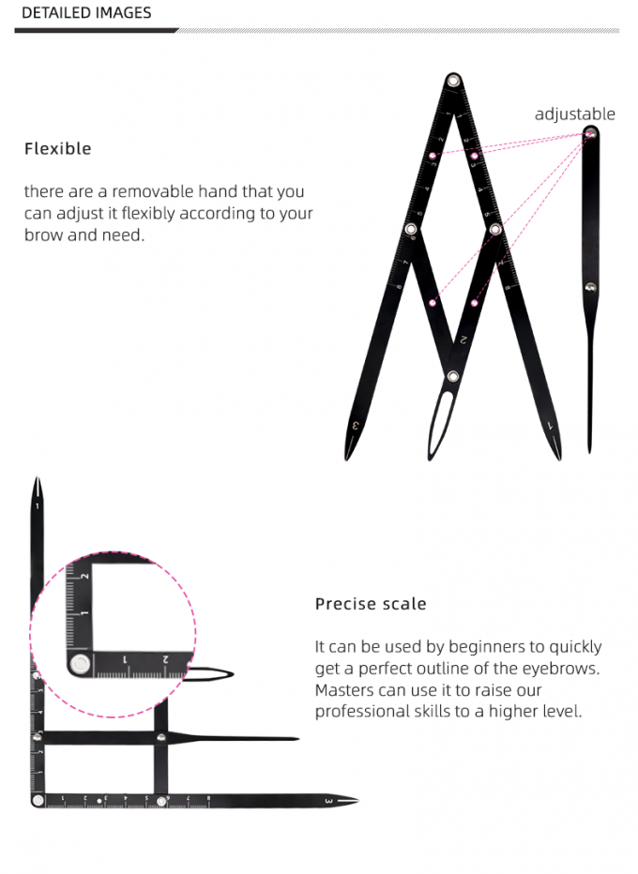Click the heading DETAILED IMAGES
coord(85,13)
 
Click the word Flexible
coord(58,148)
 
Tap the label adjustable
coord(574,114)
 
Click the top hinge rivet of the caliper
coord(453,82)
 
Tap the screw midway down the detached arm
coord(590,287)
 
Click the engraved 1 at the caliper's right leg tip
coord(551,426)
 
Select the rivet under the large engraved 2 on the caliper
coord(453,376)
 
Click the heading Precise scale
coord(371,604)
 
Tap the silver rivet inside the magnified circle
coord(81,665)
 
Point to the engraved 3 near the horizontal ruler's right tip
coord(327,801)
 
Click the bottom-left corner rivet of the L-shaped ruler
coord(38,801)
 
